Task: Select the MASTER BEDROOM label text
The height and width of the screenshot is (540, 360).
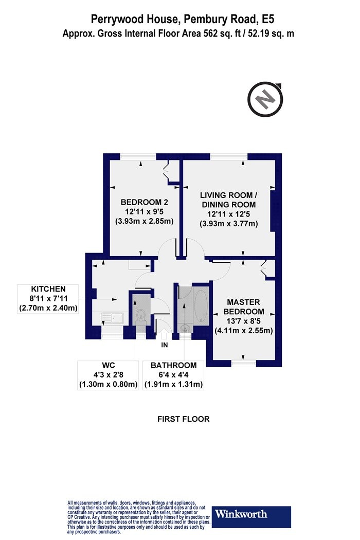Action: pos(244,307)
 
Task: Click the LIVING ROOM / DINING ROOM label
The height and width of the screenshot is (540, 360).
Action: pos(229,200)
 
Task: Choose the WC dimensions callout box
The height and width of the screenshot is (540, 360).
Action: pos(108,375)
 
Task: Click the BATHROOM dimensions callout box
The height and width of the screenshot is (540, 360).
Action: pos(173,375)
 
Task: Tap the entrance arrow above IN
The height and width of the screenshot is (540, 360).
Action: pos(165,334)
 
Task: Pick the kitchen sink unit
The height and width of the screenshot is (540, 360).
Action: pos(114,318)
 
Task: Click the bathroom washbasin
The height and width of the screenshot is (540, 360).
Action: pos(185,328)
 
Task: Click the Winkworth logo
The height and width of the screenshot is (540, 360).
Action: pos(251,516)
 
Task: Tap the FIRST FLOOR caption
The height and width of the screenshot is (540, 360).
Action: pos(183,419)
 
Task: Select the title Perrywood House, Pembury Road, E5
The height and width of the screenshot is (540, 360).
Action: pos(183,19)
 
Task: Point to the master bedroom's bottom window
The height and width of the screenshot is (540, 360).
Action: pos(244,363)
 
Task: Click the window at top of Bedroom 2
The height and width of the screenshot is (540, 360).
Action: pos(138,157)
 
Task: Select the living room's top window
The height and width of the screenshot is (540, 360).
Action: pos(229,157)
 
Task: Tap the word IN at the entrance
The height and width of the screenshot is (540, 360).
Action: pos(165,345)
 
